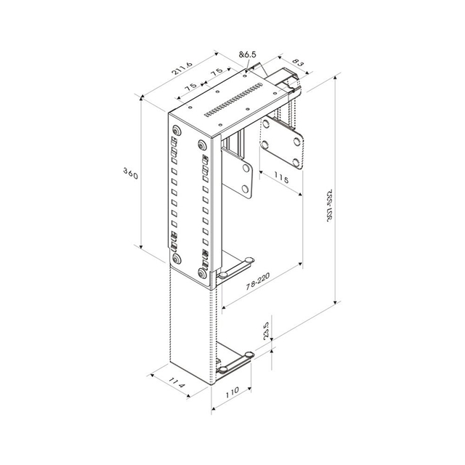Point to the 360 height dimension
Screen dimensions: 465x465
pyautogui.click(x=131, y=174)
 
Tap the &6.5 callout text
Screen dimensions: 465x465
pyautogui.click(x=251, y=54)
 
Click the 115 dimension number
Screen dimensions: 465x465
pyautogui.click(x=283, y=178)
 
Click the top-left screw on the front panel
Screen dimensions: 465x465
pyautogui.click(x=177, y=131)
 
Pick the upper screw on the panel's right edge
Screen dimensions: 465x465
pyautogui.click(x=202, y=145)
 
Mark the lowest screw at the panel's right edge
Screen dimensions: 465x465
pyautogui.click(x=202, y=272)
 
